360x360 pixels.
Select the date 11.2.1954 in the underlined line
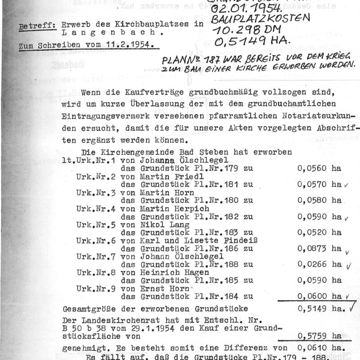pos(130,46)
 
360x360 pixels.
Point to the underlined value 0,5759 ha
pos(318,336)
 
